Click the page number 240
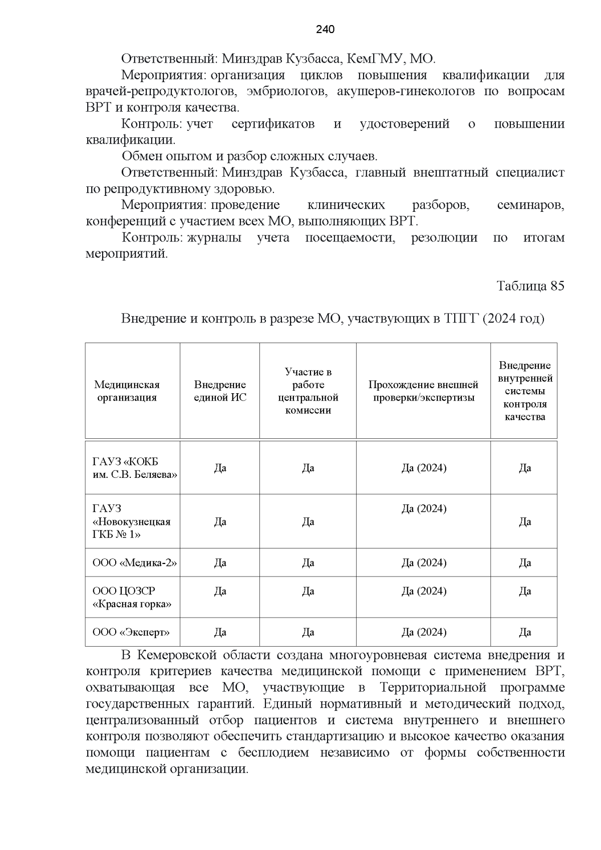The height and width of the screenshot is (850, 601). pyautogui.click(x=325, y=30)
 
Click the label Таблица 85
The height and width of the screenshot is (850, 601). pyautogui.click(x=530, y=286)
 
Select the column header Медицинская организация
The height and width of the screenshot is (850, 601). pyautogui.click(x=127, y=391)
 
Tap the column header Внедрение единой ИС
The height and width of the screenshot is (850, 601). pyautogui.click(x=220, y=391)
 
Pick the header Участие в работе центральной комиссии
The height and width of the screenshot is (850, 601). pyautogui.click(x=308, y=391)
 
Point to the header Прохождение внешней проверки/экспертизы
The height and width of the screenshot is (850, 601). pyautogui.click(x=423, y=391)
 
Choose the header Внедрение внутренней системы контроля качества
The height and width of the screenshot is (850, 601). pyautogui.click(x=524, y=391)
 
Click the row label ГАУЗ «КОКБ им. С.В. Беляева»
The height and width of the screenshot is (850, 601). pyautogui.click(x=135, y=468)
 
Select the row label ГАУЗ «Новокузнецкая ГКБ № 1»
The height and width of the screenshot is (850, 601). pyautogui.click(x=131, y=521)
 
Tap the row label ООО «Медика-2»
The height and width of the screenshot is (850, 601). pyautogui.click(x=135, y=562)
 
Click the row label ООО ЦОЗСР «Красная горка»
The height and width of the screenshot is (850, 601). pyautogui.click(x=132, y=597)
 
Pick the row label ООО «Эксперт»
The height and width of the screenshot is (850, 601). pyautogui.click(x=131, y=632)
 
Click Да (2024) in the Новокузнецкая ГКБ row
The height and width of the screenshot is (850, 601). pyautogui.click(x=424, y=509)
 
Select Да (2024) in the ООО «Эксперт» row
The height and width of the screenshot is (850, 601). pyautogui.click(x=424, y=632)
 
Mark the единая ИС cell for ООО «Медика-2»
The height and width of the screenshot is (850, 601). pyautogui.click(x=220, y=562)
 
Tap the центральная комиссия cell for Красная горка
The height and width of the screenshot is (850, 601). pyautogui.click(x=308, y=591)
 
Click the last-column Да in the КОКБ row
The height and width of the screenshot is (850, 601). pyautogui.click(x=524, y=468)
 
